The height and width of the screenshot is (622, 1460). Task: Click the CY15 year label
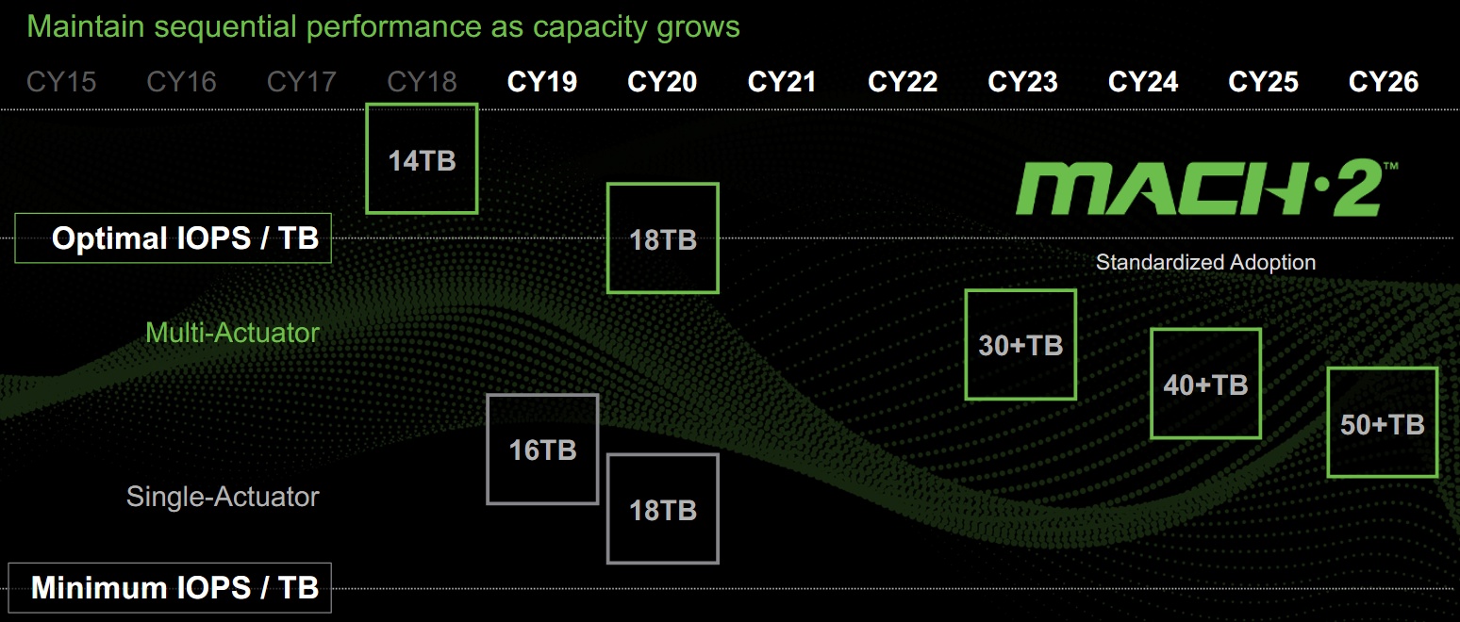point(61,82)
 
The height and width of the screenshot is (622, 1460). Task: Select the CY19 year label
point(542,82)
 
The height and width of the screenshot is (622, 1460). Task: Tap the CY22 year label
point(903,82)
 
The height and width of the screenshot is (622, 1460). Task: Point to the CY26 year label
point(1384,82)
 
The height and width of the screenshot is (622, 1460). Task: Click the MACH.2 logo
point(1205,188)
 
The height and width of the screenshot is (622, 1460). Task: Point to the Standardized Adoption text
point(1205,262)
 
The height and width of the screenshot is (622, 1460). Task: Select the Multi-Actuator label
point(232,333)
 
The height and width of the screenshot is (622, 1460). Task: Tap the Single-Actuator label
point(223,497)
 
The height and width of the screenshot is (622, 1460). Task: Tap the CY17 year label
point(302,82)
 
